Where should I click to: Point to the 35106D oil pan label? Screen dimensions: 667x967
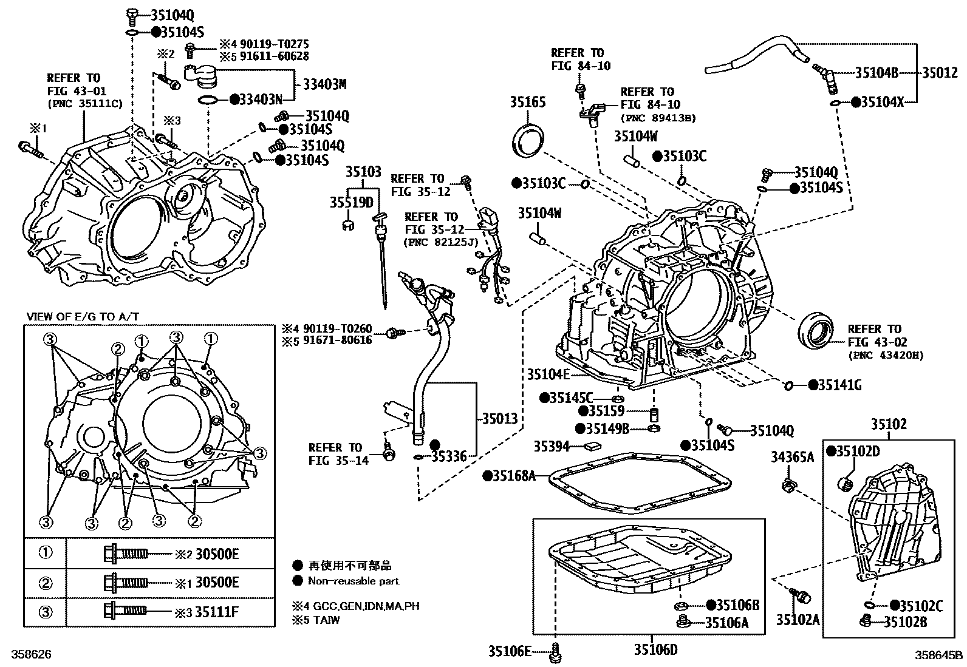pyautogui.click(x=655, y=650)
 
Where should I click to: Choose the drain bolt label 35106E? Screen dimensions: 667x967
pyautogui.click(x=510, y=651)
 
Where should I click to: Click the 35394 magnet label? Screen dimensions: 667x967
pyautogui.click(x=552, y=447)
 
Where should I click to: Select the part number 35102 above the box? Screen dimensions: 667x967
pyautogui.click(x=889, y=424)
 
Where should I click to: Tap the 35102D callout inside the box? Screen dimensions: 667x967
pyautogui.click(x=858, y=451)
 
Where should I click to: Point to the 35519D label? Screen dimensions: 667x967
pyautogui.click(x=351, y=201)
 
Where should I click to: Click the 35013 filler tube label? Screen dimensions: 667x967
pyautogui.click(x=500, y=418)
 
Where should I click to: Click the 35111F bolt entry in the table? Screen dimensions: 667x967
pyautogui.click(x=217, y=612)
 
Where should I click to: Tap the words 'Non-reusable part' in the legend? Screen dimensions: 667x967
pyautogui.click(x=354, y=581)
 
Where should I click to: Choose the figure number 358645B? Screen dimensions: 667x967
pyautogui.click(x=939, y=655)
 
